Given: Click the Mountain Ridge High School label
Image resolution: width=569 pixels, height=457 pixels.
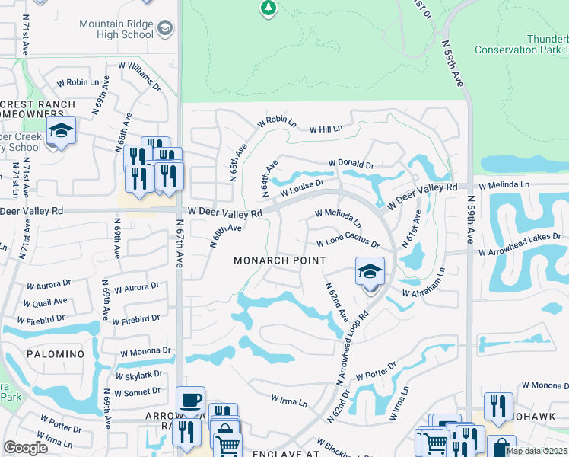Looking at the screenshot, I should (x=116, y=29).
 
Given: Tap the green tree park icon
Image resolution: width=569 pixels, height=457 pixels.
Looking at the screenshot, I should (x=268, y=8).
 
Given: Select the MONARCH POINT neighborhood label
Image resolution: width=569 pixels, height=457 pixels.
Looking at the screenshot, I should (x=279, y=260).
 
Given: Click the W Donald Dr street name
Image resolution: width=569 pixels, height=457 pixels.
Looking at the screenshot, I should (x=351, y=165).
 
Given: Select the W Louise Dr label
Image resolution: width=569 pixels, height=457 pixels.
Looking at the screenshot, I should (x=302, y=188).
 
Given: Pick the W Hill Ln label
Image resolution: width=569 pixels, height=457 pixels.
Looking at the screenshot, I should (x=326, y=129).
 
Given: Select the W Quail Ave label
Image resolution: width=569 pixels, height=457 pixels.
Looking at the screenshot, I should (x=46, y=302).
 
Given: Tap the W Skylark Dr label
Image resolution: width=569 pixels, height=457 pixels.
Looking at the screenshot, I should (x=138, y=375).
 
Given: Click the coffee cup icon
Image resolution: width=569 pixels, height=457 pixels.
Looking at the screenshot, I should (x=190, y=400).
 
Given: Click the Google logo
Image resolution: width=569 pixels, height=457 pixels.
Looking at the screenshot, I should (x=25, y=448).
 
